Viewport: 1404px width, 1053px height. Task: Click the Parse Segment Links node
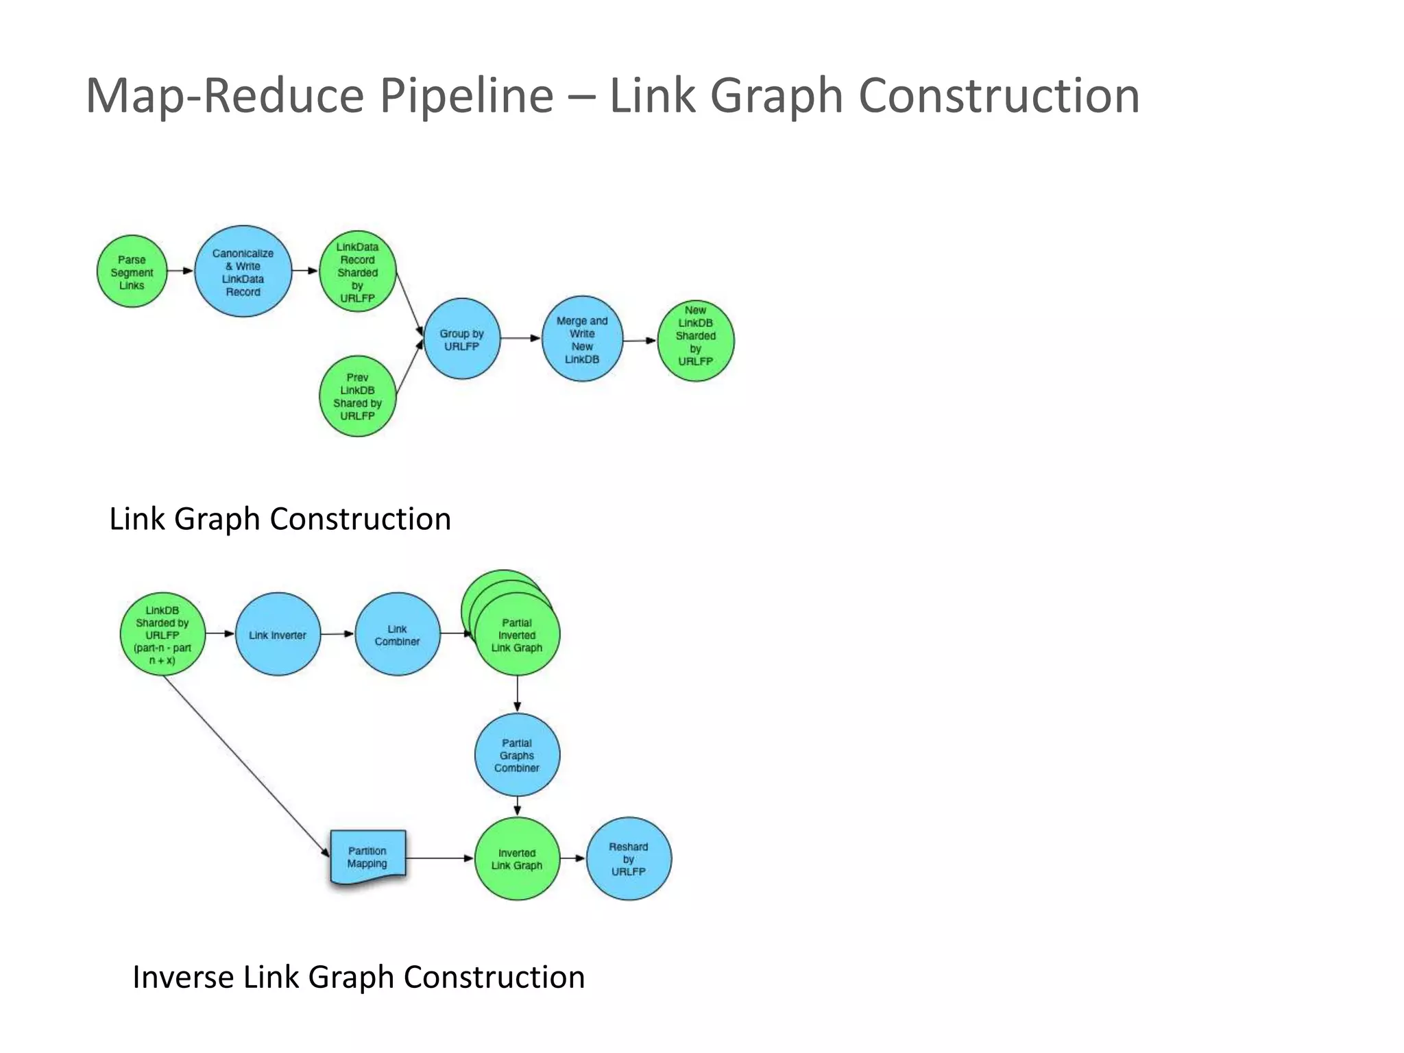tap(132, 271)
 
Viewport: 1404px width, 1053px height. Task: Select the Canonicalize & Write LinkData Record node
tap(243, 271)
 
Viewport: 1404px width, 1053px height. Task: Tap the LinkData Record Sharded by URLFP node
tap(357, 271)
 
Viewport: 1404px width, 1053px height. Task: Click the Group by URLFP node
tap(461, 339)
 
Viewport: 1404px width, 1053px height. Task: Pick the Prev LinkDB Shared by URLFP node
tap(357, 396)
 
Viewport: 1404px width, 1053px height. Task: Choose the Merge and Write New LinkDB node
tap(582, 339)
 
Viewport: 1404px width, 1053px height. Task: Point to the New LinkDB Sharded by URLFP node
tap(695, 341)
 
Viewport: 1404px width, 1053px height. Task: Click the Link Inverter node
tap(278, 634)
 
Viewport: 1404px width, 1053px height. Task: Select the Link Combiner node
tap(397, 634)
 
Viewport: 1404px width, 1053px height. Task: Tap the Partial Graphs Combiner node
tap(517, 755)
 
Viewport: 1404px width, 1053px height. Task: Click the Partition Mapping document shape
tap(367, 858)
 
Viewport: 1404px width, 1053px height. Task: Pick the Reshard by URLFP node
tap(629, 858)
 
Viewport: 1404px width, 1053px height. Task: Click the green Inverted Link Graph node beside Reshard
tap(517, 858)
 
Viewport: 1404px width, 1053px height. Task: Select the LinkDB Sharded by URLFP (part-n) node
tap(162, 634)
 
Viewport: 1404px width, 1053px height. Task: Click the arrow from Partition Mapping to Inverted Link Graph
tap(439, 858)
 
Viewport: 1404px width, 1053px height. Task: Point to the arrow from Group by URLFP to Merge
tap(520, 338)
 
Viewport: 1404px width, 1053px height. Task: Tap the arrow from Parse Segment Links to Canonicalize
tap(180, 271)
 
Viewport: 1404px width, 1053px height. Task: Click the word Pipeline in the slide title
tap(467, 96)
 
